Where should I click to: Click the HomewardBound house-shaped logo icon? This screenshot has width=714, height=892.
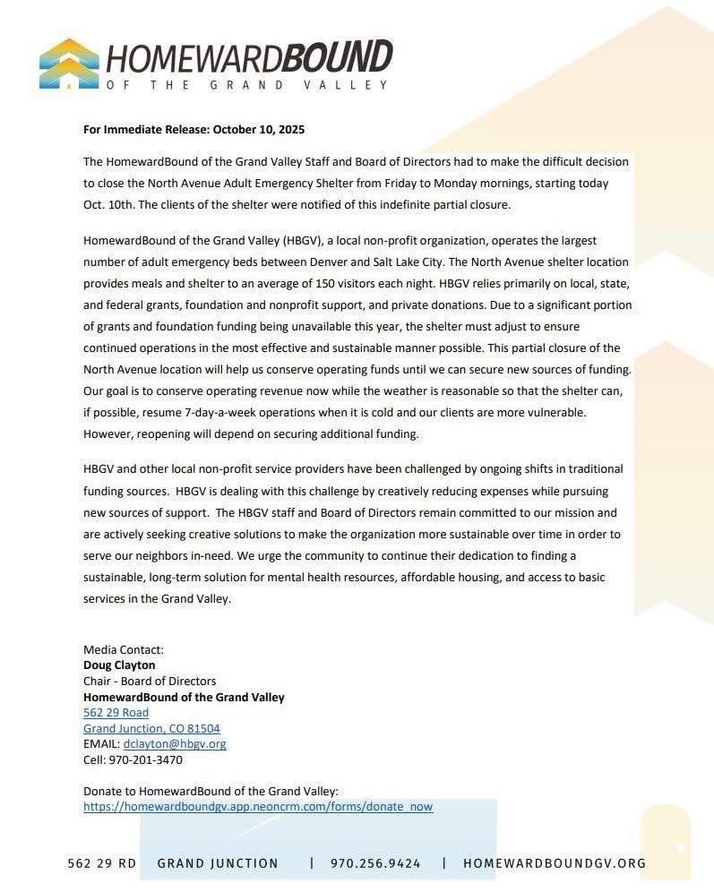coord(69,63)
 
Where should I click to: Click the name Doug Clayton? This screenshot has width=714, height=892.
coord(119,665)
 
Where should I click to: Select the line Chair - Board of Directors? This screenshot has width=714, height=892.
coord(150,681)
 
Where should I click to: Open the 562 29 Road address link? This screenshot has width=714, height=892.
coord(116,712)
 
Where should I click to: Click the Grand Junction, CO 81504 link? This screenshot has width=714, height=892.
coord(151,728)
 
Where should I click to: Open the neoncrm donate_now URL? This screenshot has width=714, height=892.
coord(258,806)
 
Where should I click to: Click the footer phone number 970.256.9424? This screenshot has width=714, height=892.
coord(375,863)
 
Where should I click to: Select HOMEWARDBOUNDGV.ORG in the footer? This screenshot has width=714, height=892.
coord(554,863)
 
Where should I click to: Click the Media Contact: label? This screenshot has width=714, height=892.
coord(124,649)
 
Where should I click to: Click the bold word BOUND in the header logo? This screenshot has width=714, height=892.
coord(338,58)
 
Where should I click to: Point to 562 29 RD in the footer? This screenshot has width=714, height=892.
coord(102,863)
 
